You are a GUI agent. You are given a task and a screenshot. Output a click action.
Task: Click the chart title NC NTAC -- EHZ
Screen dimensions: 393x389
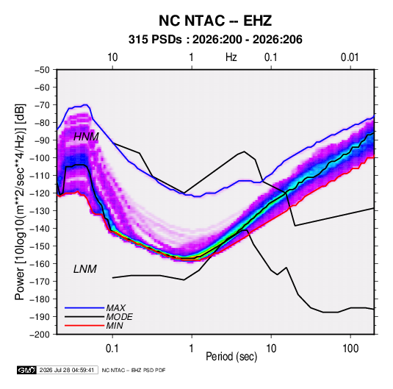[x=215, y=21]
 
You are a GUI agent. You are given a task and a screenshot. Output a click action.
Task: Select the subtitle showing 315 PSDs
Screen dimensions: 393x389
[x=215, y=40]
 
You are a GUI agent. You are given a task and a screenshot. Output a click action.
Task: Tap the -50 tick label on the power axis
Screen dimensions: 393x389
[x=42, y=70]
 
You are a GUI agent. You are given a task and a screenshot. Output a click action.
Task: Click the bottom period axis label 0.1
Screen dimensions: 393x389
[x=112, y=349]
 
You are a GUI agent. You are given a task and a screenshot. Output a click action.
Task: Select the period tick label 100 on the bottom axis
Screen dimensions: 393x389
[x=350, y=349]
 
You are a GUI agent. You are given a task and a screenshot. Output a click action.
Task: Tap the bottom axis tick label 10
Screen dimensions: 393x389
[x=271, y=349]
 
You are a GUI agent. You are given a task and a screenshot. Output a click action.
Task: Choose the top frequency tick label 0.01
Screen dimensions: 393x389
[x=350, y=57]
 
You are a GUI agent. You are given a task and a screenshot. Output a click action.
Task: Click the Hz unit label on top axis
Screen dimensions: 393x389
[x=231, y=57]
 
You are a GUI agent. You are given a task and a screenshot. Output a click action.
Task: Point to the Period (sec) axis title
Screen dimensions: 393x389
[x=231, y=357]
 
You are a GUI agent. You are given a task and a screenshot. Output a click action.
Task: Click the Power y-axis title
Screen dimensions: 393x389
[x=20, y=202]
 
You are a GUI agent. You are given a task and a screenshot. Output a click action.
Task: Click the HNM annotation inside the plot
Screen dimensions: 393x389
[x=86, y=137]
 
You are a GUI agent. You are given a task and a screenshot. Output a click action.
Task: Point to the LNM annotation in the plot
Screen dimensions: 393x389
[x=85, y=269]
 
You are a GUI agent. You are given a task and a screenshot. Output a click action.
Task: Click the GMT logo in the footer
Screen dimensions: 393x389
[x=27, y=370]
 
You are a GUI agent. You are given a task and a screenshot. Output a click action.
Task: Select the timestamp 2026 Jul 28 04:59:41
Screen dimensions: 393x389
[x=67, y=370]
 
